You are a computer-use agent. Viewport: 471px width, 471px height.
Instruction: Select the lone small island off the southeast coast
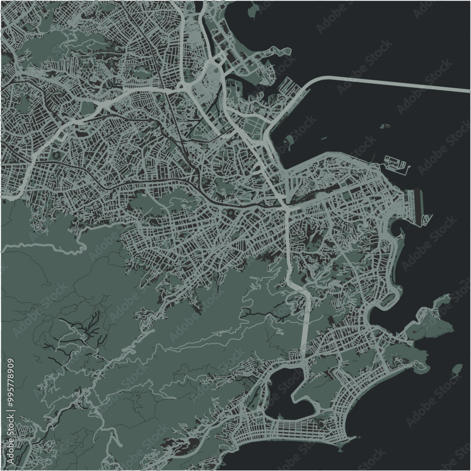click(456, 369)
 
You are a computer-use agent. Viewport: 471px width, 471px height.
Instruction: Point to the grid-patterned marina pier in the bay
click(396, 162)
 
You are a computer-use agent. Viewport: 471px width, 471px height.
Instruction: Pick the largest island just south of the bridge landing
click(289, 141)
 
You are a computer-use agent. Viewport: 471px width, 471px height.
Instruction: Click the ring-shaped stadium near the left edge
click(57, 154)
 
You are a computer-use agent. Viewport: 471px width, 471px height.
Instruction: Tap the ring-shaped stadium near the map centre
click(231, 215)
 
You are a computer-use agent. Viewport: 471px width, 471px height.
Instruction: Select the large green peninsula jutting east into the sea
click(431, 325)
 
